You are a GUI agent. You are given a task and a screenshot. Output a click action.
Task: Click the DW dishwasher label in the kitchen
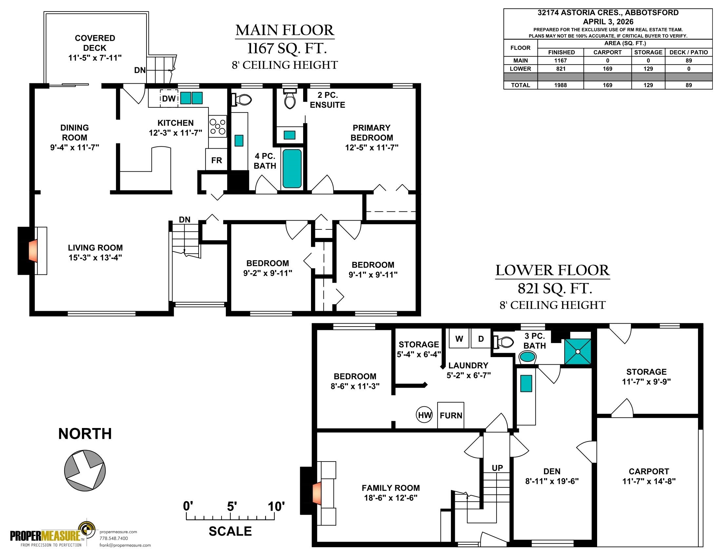169,98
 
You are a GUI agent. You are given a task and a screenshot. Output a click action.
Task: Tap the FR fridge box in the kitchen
217,160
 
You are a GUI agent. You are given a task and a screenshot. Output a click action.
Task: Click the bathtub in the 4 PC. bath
292,169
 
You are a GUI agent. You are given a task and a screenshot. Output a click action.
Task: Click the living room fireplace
32,250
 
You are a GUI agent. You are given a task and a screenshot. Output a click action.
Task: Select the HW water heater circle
424,415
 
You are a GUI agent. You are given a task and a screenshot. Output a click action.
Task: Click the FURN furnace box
451,415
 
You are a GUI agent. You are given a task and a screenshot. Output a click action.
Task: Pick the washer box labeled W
459,338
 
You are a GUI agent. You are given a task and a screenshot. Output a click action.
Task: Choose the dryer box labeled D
481,338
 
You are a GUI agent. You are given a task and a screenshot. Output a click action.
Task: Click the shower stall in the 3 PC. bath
578,352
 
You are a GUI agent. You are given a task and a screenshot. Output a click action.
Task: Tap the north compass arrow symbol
85,470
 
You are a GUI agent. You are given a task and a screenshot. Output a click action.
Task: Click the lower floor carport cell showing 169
607,69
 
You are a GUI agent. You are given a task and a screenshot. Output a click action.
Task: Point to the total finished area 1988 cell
560,85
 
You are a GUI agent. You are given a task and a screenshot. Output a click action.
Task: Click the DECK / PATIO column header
689,52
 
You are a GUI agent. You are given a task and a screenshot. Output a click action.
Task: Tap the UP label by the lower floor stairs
497,468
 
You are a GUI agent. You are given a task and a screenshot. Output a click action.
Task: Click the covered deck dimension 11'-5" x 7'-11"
95,58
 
